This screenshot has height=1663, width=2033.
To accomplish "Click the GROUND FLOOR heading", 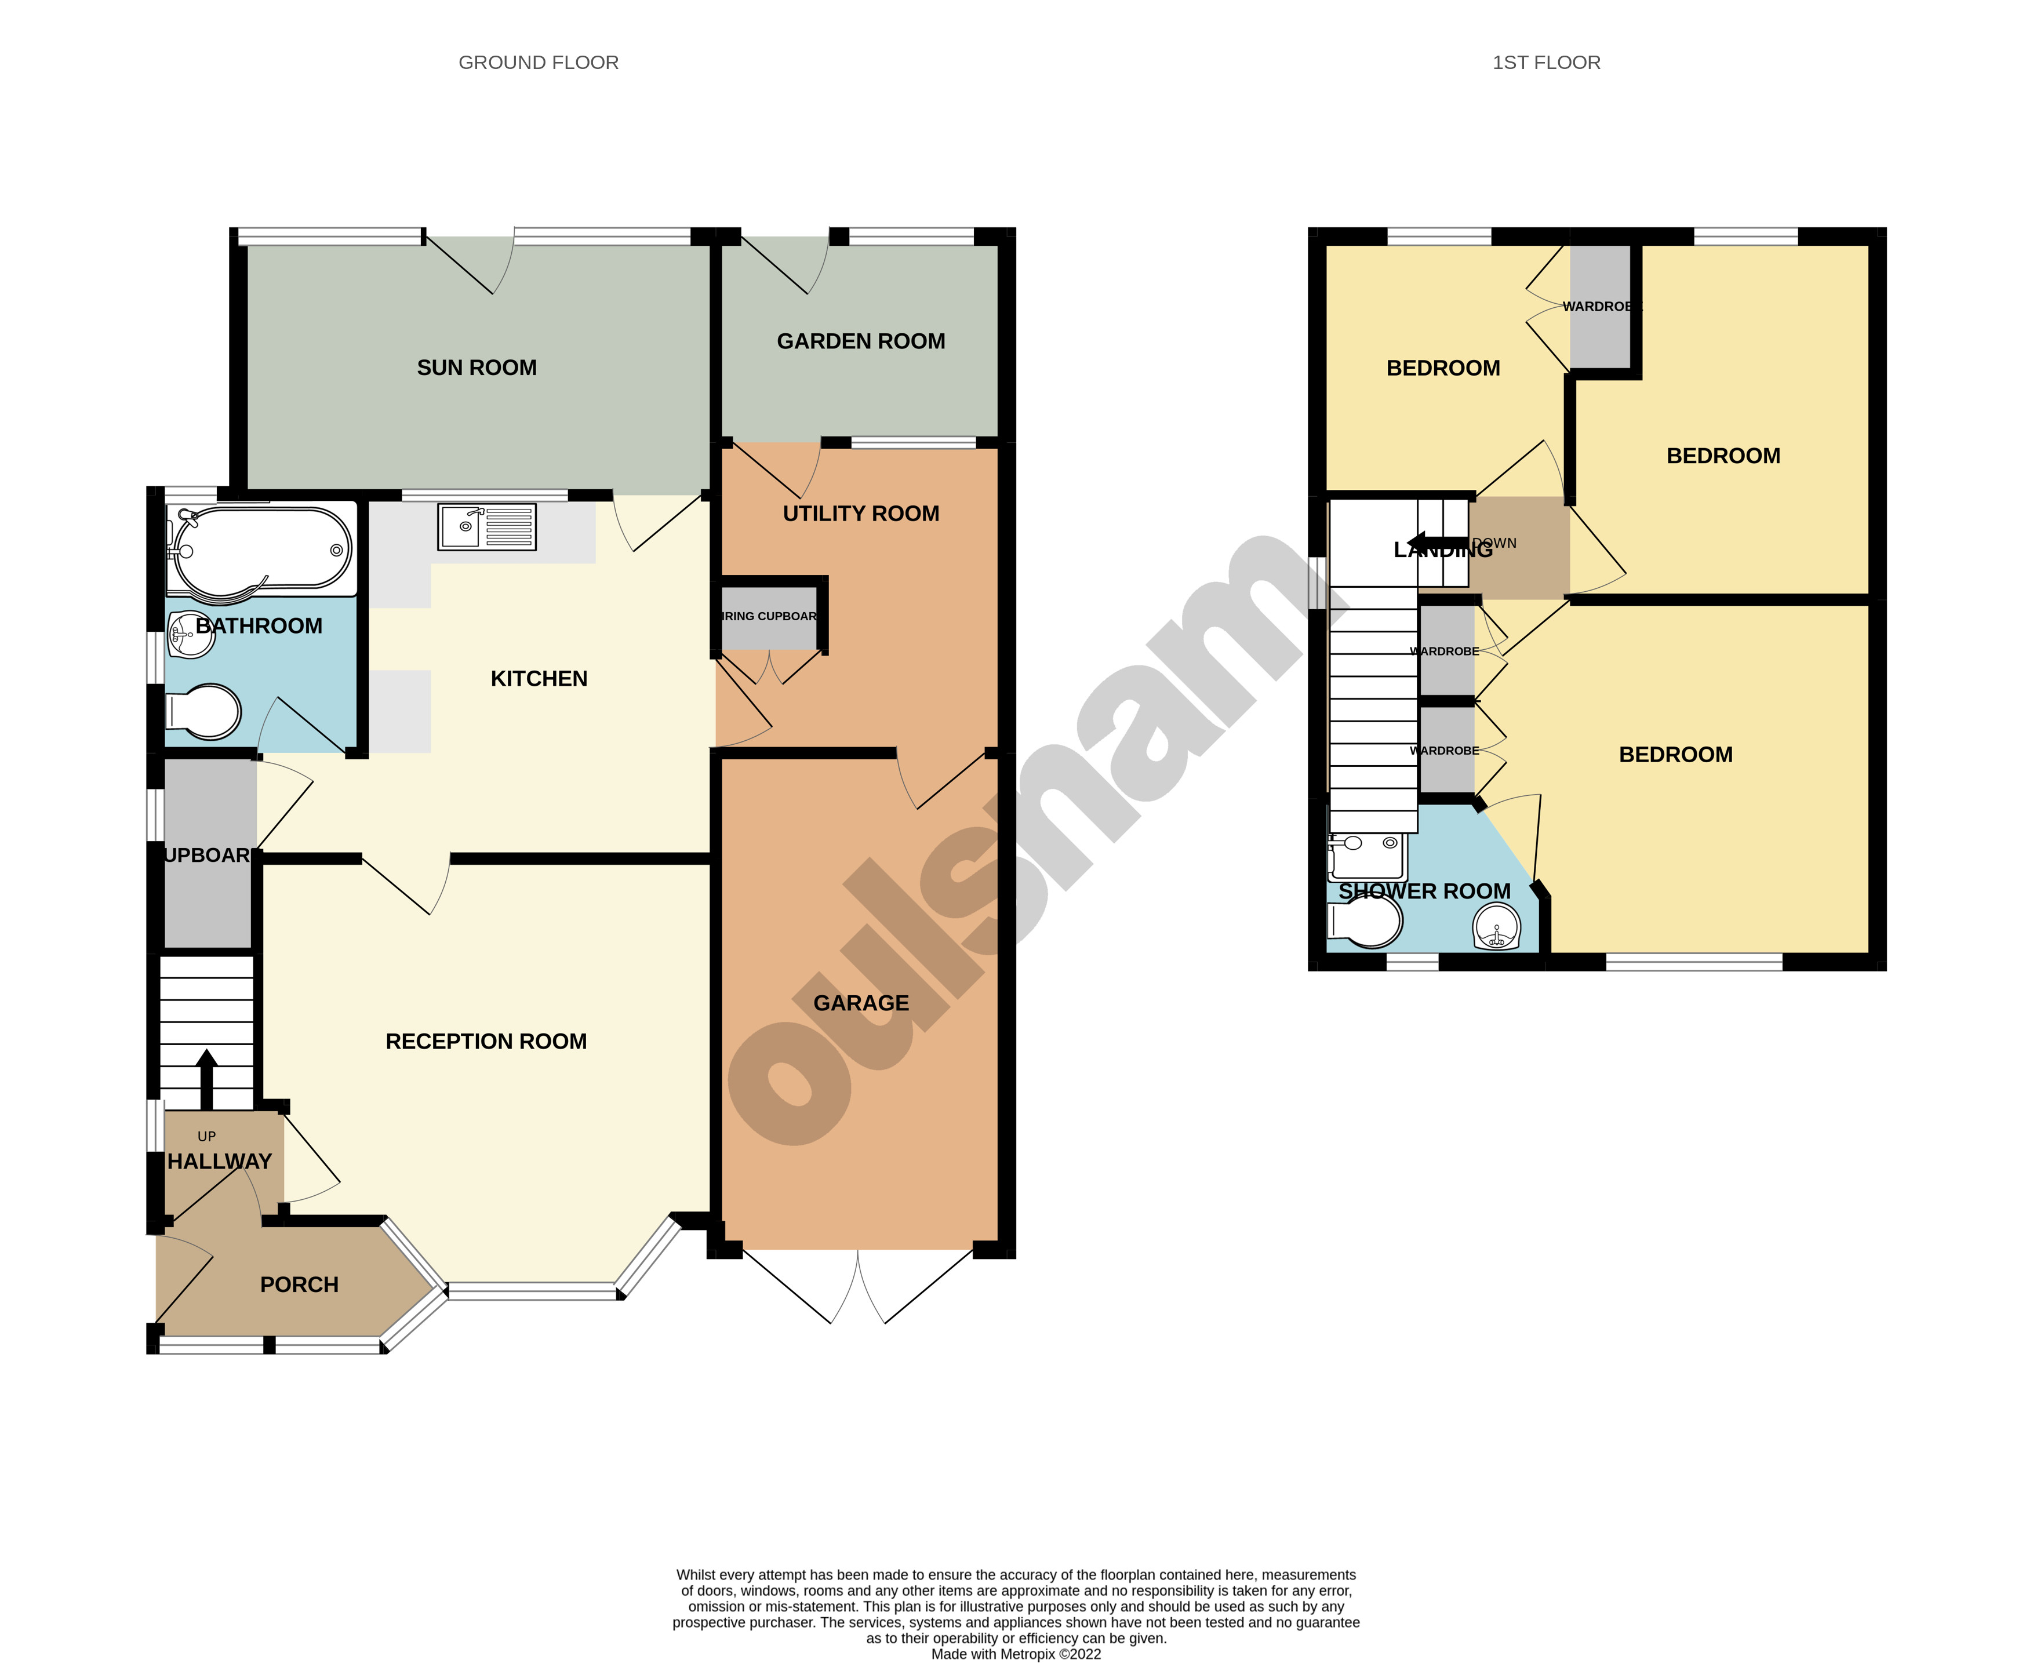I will point(539,62).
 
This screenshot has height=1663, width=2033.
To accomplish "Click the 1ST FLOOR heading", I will point(1545,62).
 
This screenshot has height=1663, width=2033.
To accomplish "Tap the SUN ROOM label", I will point(476,368).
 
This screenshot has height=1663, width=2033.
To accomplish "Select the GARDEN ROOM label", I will point(860,341).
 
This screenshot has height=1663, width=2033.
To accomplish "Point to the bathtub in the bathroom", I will point(261,551).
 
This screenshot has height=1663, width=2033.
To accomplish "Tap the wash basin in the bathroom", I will point(190,634).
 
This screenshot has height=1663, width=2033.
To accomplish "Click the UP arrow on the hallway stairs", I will point(206,1078).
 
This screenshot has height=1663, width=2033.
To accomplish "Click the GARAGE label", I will point(860,1003).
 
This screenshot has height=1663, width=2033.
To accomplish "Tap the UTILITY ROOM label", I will point(860,514).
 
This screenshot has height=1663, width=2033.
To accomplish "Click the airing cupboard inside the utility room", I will point(769,616).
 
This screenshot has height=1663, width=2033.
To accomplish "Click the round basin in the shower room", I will point(1496,927).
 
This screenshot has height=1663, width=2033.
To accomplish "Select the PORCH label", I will point(299,1284).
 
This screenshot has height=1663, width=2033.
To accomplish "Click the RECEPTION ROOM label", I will point(486,1041).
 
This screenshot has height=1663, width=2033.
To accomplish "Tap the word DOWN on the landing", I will point(1496,542).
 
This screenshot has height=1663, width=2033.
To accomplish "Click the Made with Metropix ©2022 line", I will point(1016,1653).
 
